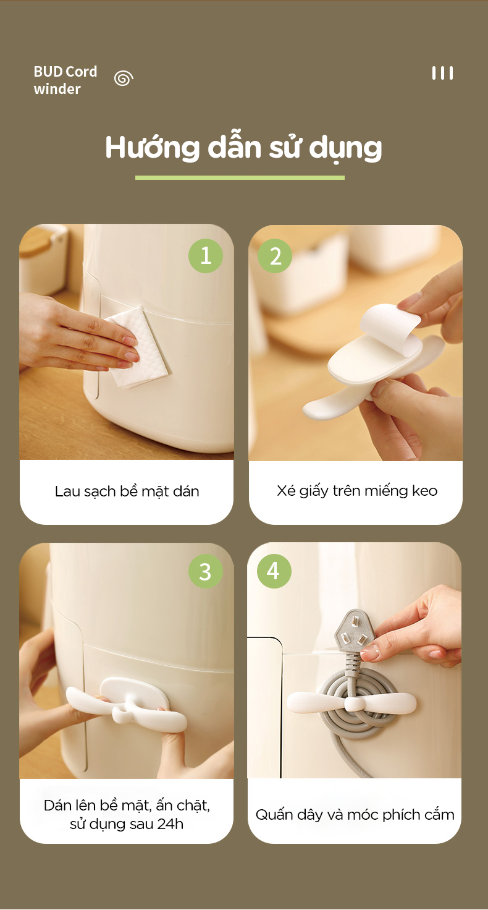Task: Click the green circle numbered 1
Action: [206, 256]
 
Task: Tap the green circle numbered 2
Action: [275, 256]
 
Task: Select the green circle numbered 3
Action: [206, 572]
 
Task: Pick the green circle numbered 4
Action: [274, 571]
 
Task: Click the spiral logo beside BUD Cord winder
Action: [124, 78]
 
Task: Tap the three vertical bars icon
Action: [442, 73]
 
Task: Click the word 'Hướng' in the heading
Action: [152, 148]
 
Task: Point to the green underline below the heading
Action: [240, 177]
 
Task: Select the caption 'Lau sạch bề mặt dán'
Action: [127, 491]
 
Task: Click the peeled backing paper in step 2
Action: [390, 326]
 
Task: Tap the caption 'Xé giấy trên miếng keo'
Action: [357, 491]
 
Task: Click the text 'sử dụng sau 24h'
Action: [127, 824]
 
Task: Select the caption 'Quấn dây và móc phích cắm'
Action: [355, 815]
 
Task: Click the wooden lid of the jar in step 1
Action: [36, 241]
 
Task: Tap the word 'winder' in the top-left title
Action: [57, 89]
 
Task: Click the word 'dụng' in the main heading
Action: [345, 149]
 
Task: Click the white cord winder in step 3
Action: [127, 705]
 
